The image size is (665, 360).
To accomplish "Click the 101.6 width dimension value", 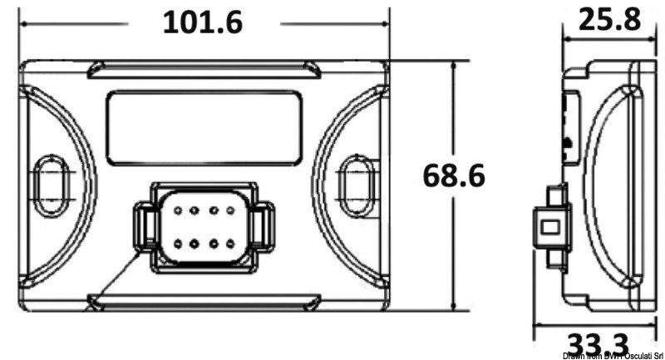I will (x=203, y=22).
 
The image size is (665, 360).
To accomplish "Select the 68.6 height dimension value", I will (x=454, y=175).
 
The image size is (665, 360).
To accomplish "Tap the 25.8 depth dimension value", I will (x=609, y=18).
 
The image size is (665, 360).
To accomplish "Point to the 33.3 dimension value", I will (x=597, y=343).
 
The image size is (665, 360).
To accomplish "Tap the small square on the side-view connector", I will (x=550, y=226).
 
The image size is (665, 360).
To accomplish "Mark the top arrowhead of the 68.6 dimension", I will (x=454, y=66).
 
